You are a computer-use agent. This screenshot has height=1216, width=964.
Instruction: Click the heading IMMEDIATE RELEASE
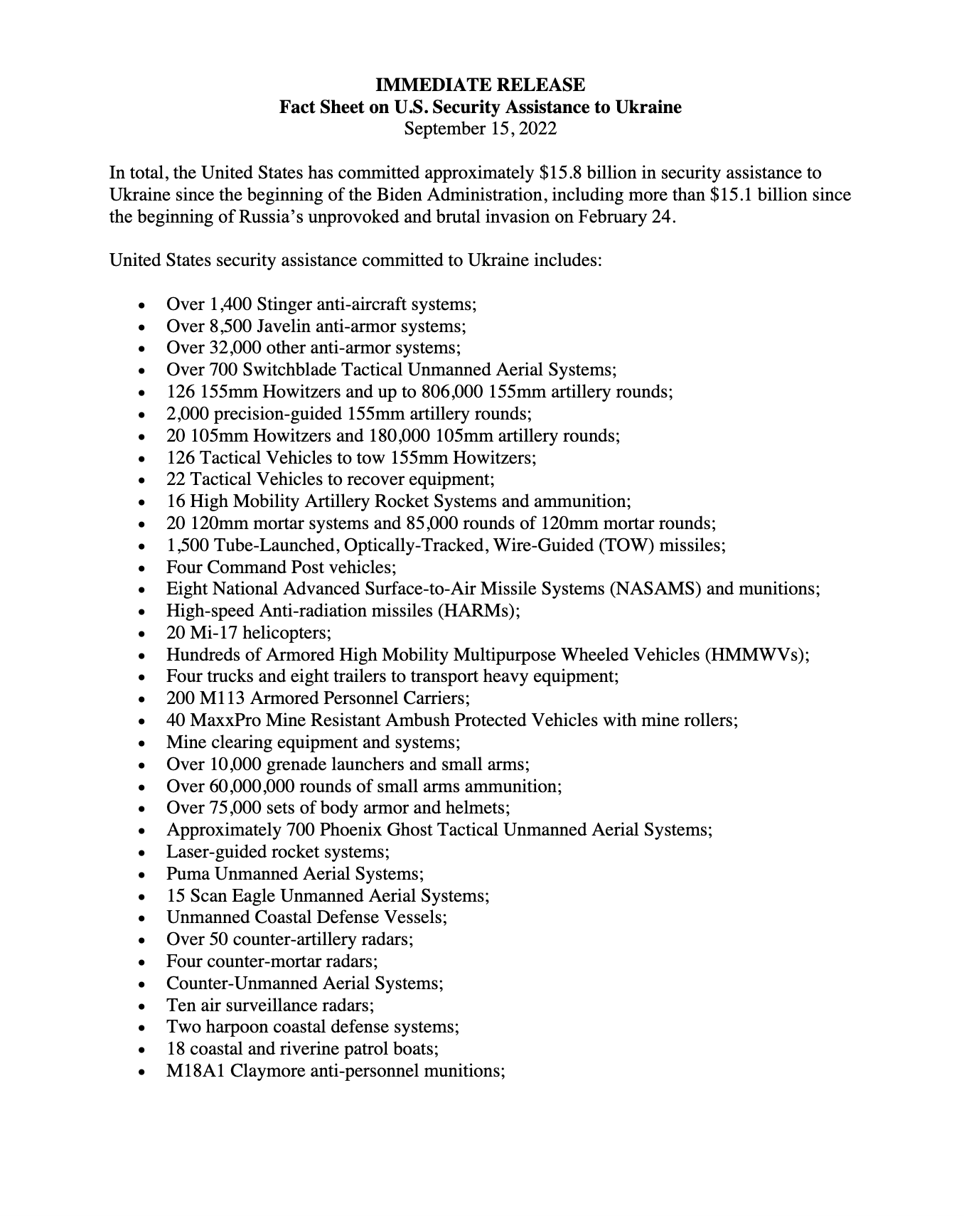tap(481, 85)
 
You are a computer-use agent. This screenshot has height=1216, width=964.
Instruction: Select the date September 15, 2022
tap(481, 129)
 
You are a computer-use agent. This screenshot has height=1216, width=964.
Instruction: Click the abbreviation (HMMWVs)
tap(756, 655)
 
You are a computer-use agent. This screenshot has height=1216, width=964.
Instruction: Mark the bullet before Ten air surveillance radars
tap(144, 1006)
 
